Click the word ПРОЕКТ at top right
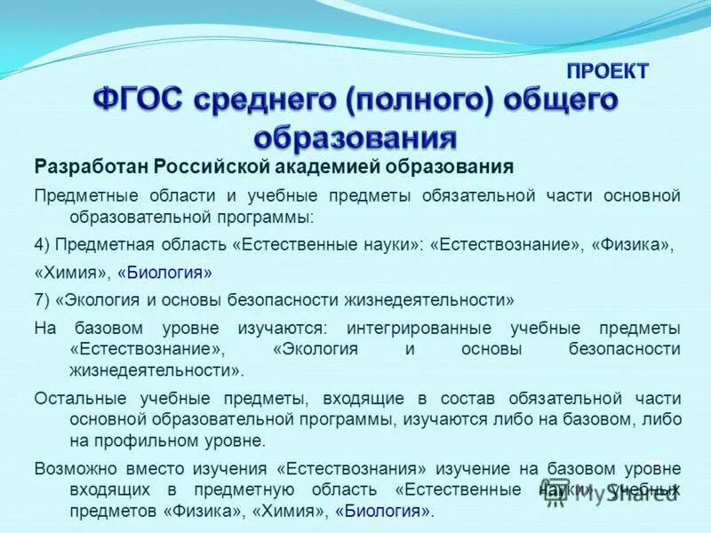[x=608, y=71]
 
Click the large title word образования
[x=355, y=138]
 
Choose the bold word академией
[x=355, y=166]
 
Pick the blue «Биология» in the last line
[x=387, y=511]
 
